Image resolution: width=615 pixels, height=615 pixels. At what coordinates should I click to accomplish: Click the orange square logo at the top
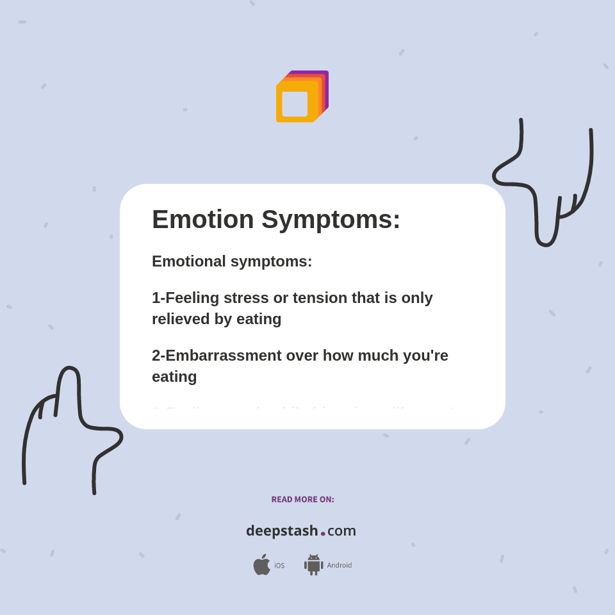pos(301,97)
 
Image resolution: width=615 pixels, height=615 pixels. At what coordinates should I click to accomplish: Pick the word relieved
pos(181,319)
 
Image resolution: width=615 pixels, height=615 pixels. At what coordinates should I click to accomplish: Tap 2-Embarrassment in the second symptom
pos(217,356)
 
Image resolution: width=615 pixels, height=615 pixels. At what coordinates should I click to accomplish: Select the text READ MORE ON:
pos(302,500)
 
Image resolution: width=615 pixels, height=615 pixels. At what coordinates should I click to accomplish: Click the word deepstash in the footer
pos(282,531)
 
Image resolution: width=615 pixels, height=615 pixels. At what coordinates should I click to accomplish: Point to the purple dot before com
pos(323,534)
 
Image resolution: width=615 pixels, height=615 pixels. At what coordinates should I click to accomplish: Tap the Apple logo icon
pos(261,565)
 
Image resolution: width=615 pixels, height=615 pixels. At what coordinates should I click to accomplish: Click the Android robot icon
pos(313,565)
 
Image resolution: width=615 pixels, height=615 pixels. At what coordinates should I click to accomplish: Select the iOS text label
pos(279,566)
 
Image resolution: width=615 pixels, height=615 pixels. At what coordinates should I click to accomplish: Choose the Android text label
pos(339,566)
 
